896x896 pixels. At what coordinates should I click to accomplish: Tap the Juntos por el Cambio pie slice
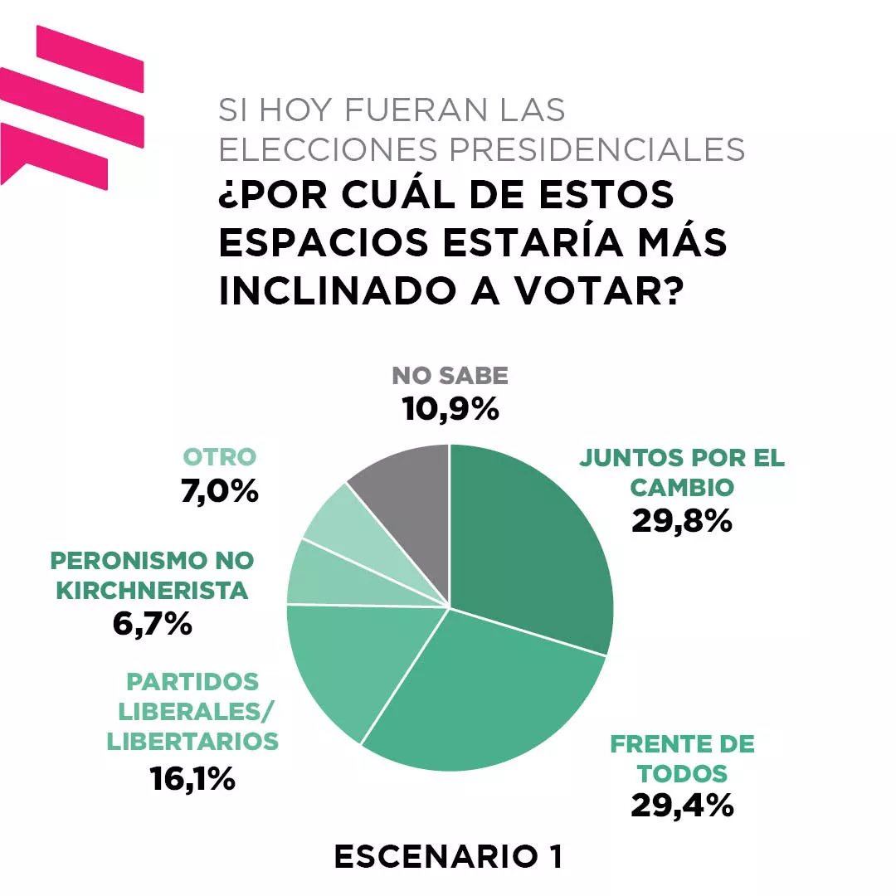[x=531, y=548]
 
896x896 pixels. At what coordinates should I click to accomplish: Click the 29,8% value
[x=681, y=520]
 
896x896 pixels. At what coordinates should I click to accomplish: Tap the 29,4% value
[x=682, y=805]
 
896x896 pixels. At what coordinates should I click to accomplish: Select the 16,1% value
[x=192, y=778]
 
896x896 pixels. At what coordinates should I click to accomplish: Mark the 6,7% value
[x=153, y=623]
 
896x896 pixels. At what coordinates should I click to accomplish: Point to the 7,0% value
[x=220, y=491]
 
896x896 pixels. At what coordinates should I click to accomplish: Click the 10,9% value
[x=450, y=408]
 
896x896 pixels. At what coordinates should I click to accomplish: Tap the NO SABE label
[x=450, y=376]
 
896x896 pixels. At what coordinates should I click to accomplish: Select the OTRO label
[x=220, y=457]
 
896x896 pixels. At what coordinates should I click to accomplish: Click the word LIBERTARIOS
[x=192, y=741]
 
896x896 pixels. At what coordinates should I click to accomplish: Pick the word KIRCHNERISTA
[x=152, y=591]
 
